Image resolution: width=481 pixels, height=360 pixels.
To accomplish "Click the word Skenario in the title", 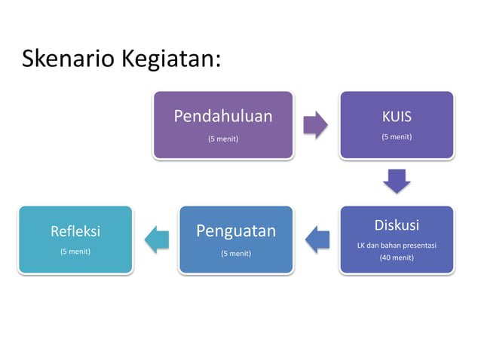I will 67,59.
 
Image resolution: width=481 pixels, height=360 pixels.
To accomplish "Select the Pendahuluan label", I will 223,116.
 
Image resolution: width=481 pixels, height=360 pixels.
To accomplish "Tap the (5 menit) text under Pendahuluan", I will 223,138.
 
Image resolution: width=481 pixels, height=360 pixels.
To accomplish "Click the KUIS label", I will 397,117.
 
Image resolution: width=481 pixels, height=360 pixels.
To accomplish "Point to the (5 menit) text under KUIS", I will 397,137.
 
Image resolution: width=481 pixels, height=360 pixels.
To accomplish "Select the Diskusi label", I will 397,225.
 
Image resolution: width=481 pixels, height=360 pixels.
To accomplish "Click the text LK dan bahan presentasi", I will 397,246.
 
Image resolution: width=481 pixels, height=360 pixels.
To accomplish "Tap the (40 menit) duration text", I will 397,258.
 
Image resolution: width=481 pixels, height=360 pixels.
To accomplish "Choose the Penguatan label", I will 236,230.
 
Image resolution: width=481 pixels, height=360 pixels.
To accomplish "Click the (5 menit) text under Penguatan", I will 236,253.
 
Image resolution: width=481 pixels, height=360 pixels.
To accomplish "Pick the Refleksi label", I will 75,230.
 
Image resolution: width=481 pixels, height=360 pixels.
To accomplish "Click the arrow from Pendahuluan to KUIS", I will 316,125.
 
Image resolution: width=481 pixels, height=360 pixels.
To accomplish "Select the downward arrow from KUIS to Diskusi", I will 397,181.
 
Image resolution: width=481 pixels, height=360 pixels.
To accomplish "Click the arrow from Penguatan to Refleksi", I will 156,239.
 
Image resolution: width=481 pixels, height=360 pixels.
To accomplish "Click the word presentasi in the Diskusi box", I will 418,246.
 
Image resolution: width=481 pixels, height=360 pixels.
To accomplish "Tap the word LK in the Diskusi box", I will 362,246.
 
